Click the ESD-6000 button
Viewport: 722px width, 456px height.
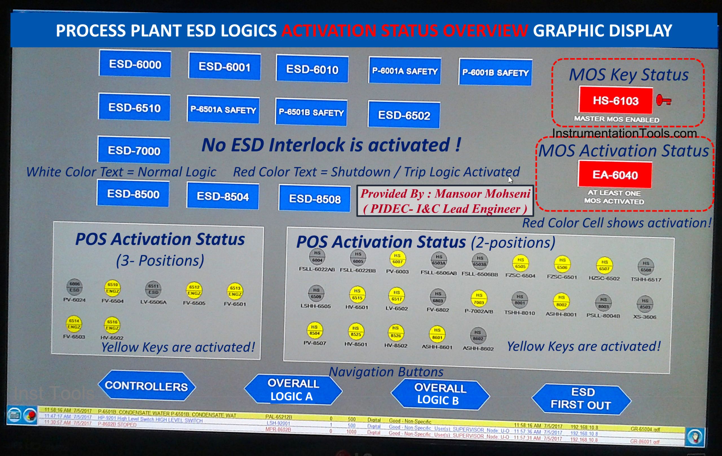tap(135, 64)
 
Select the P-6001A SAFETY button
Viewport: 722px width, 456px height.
tap(405, 71)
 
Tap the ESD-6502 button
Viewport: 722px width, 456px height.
tap(404, 115)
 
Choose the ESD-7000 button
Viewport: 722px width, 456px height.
tap(134, 151)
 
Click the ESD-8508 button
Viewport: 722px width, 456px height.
tap(314, 199)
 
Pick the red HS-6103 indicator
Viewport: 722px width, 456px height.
tap(616, 101)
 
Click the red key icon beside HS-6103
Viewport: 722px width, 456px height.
tap(663, 100)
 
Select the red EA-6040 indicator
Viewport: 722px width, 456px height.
tap(615, 175)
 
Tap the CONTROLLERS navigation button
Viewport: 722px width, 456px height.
tap(146, 386)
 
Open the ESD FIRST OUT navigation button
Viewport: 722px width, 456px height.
tap(581, 399)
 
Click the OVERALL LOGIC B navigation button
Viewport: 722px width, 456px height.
tap(440, 394)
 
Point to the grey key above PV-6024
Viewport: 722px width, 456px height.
tap(74, 287)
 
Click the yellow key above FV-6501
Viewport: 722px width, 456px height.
tap(235, 291)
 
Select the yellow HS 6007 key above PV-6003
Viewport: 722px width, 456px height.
tap(398, 259)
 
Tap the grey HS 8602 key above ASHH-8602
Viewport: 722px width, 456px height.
tap(478, 336)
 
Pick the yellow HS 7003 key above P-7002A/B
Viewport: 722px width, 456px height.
tap(479, 299)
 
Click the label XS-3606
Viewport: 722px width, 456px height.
tap(645, 317)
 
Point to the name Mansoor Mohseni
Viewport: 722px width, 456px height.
tap(483, 194)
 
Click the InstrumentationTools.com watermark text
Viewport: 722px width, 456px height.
tap(624, 133)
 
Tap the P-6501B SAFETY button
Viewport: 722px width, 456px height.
tap(311, 113)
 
